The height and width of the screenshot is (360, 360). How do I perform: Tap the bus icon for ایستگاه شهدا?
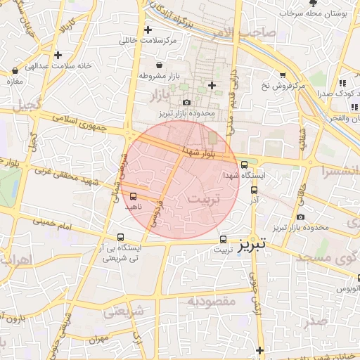click(244, 165)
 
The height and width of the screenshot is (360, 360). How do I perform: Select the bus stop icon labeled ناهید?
click(134, 197)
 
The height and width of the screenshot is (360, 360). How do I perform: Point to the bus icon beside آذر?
click(254, 189)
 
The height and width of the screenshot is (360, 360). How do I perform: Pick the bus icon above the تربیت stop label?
click(224, 238)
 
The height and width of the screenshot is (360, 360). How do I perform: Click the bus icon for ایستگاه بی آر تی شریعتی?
click(121, 238)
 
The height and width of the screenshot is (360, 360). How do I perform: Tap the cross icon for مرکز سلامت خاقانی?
click(148, 30)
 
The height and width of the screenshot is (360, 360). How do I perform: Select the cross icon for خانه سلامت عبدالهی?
click(58, 55)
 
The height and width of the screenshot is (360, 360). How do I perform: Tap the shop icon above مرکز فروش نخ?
click(283, 75)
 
